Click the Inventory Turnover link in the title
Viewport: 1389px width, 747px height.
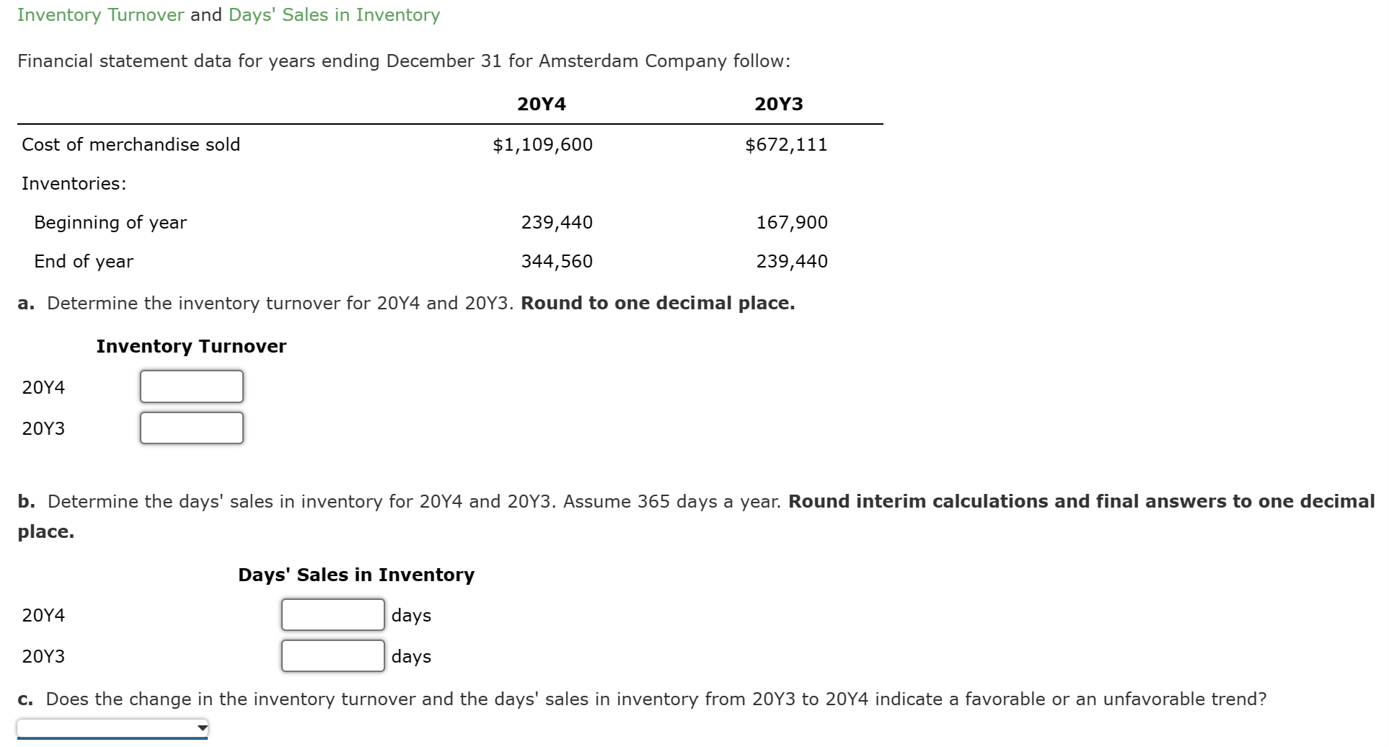pos(100,15)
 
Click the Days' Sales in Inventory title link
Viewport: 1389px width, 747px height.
pos(334,15)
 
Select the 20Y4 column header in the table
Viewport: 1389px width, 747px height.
pos(542,105)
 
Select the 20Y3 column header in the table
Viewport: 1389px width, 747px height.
pos(778,105)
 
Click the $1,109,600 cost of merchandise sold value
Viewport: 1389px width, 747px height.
pos(542,145)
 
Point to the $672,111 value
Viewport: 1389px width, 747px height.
pos(786,145)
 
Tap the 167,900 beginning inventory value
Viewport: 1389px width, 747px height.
pos(792,223)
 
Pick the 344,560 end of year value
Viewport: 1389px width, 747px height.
pos(557,262)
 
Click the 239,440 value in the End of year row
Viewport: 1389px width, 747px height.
pos(792,262)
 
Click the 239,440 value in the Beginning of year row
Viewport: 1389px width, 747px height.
pos(557,223)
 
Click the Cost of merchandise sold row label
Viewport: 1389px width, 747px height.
pos(131,145)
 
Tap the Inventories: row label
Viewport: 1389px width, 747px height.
pos(74,184)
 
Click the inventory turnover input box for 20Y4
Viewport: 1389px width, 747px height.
pos(192,386)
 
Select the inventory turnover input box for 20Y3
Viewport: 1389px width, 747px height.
pos(192,428)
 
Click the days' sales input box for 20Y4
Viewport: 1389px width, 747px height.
pos(332,615)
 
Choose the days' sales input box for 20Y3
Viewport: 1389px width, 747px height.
pos(332,656)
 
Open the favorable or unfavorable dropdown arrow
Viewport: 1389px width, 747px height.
pos(203,728)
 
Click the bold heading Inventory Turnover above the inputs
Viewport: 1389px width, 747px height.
pos(191,347)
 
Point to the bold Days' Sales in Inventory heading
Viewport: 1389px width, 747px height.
pos(356,575)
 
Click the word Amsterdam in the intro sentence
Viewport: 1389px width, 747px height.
pos(588,61)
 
